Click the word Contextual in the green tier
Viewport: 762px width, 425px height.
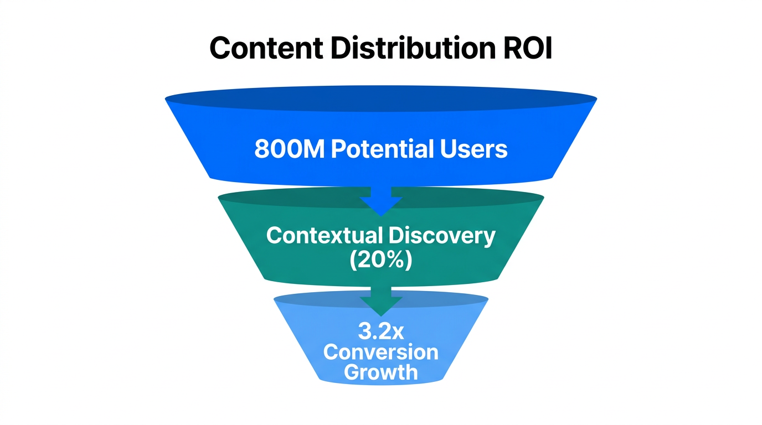tap(323, 236)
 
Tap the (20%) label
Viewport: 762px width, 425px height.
tap(381, 260)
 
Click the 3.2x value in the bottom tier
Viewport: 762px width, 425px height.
tap(381, 332)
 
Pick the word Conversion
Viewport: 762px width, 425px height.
tap(381, 352)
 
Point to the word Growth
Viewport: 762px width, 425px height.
tap(381, 372)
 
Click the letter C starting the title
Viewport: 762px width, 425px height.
tap(220, 49)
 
